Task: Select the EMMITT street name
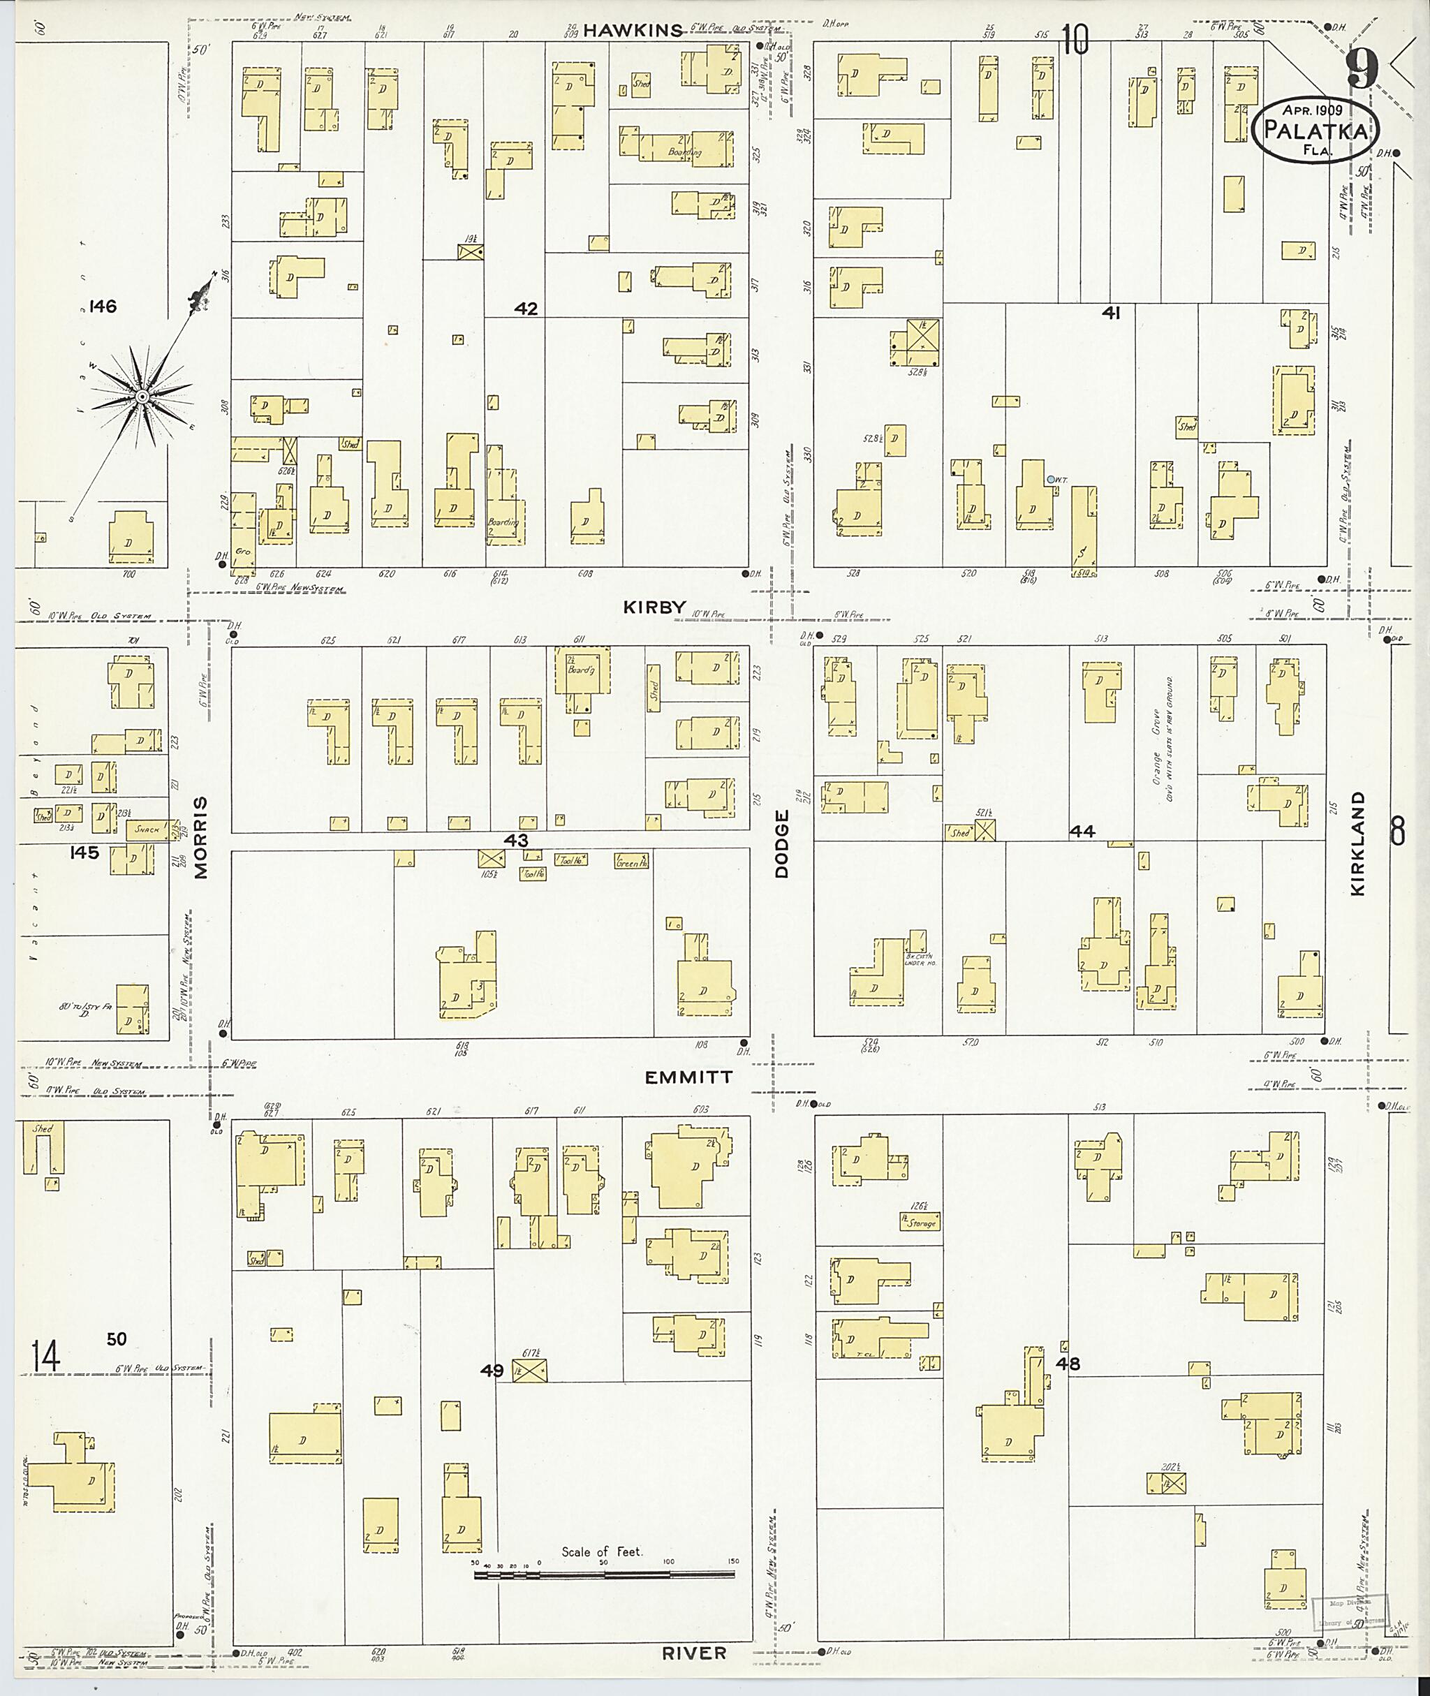pos(688,1077)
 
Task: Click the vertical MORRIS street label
pos(200,837)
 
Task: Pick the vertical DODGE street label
pos(781,843)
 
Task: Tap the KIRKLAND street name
pos(1358,844)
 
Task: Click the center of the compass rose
pos(142,397)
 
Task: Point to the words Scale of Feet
pos(601,1551)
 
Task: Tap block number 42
pos(526,309)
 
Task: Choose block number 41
pos(1111,313)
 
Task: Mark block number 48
pos(1068,1364)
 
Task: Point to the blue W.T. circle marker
pos(1051,480)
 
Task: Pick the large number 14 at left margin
pos(45,1357)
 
